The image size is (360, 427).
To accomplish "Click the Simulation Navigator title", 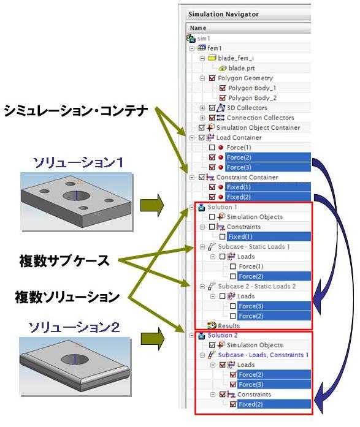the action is pos(223,14).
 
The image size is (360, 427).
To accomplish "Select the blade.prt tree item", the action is pos(242,68).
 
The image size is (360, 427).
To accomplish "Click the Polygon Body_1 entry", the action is pos(252,88).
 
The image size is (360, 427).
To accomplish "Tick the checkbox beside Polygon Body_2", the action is pos(223,98).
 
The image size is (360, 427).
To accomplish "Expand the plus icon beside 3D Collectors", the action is pos(202,108).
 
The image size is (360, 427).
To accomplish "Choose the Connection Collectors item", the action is pos(260,118).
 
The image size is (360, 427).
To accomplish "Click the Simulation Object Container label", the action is pos(258,127).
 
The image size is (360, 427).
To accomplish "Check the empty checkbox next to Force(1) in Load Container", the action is pos(212,148).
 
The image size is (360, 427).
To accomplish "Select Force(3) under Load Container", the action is pos(239,167).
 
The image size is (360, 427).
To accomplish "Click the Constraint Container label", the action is pos(247,177).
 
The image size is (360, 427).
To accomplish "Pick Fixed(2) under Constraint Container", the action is pos(239,197).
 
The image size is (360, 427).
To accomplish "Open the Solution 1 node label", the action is pos(222,207).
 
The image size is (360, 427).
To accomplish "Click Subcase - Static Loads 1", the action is pos(254,247).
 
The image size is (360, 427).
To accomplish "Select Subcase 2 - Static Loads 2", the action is pos(257,286).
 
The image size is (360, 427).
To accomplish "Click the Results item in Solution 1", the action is pos(229,326).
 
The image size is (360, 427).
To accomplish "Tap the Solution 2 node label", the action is pos(223,335).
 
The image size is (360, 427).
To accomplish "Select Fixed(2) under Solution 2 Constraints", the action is pos(250,404).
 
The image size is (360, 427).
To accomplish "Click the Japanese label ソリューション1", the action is pos(79,162).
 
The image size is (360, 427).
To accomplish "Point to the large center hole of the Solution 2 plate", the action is pos(75,360).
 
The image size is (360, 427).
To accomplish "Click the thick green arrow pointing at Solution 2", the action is pos(152,339).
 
